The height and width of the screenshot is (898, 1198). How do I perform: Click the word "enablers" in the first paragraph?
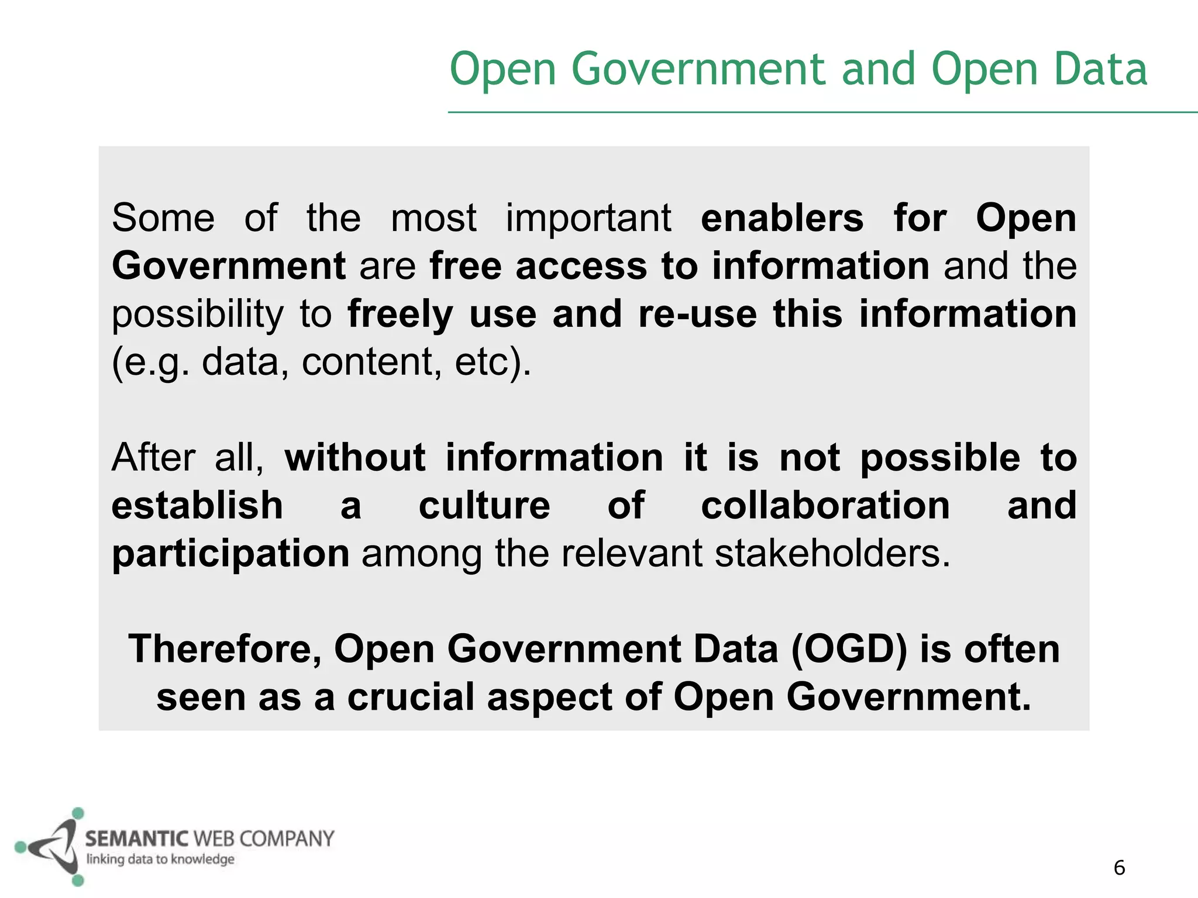[x=782, y=218]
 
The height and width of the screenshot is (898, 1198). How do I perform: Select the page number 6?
[x=1119, y=868]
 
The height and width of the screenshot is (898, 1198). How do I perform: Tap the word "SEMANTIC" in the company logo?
[x=136, y=839]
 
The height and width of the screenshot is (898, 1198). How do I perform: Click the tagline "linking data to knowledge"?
[x=160, y=859]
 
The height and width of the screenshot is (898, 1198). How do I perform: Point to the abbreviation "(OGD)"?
[x=849, y=649]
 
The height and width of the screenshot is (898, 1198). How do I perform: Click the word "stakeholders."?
[x=832, y=553]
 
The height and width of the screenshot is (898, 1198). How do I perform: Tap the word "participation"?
[x=230, y=554]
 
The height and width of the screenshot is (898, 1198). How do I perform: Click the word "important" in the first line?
[x=588, y=218]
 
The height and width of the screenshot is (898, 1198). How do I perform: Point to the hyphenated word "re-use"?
[x=697, y=314]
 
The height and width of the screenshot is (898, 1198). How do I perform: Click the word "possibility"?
[x=197, y=315]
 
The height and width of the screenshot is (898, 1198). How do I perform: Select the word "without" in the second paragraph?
[x=354, y=457]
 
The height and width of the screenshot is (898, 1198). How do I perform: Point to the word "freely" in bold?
[x=400, y=315]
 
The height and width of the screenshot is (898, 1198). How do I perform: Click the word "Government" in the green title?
[x=698, y=69]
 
